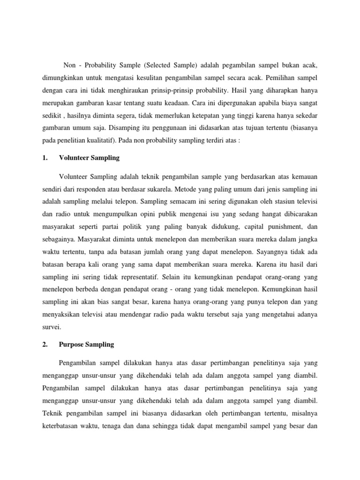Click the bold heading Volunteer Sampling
[x=89, y=158]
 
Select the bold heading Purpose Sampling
[x=86, y=345]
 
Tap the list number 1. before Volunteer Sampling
[x=45, y=158]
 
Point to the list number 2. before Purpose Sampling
[x=45, y=345]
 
